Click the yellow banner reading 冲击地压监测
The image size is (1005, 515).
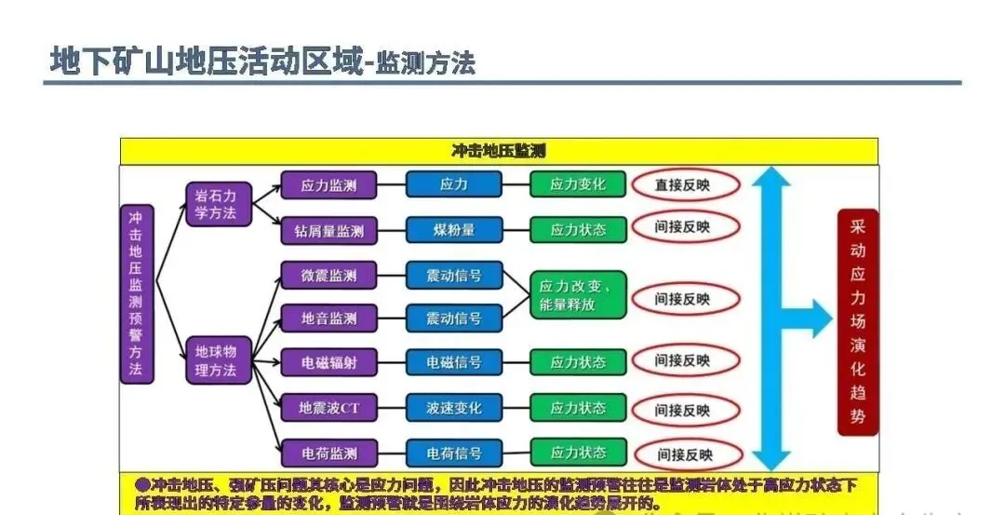[498, 151]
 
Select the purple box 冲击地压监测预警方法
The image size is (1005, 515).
[137, 293]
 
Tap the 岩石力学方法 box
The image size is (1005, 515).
[217, 204]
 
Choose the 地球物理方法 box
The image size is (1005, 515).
[217, 360]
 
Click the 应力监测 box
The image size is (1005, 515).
[328, 184]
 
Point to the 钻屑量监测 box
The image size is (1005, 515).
[328, 230]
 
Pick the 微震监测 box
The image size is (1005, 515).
[328, 276]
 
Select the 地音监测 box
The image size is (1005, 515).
[328, 318]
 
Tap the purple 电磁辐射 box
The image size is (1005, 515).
[328, 362]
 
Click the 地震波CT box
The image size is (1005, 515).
[328, 408]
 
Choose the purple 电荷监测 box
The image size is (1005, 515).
[328, 454]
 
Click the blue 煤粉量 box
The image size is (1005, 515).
[453, 230]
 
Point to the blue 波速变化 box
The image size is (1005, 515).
[453, 408]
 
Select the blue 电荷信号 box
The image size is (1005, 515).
[453, 454]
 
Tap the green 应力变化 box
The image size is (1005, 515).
[577, 184]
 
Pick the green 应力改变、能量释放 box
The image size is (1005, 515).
[577, 295]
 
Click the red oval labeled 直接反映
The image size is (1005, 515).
[685, 184]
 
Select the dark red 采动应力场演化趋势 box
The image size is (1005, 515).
[857, 321]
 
